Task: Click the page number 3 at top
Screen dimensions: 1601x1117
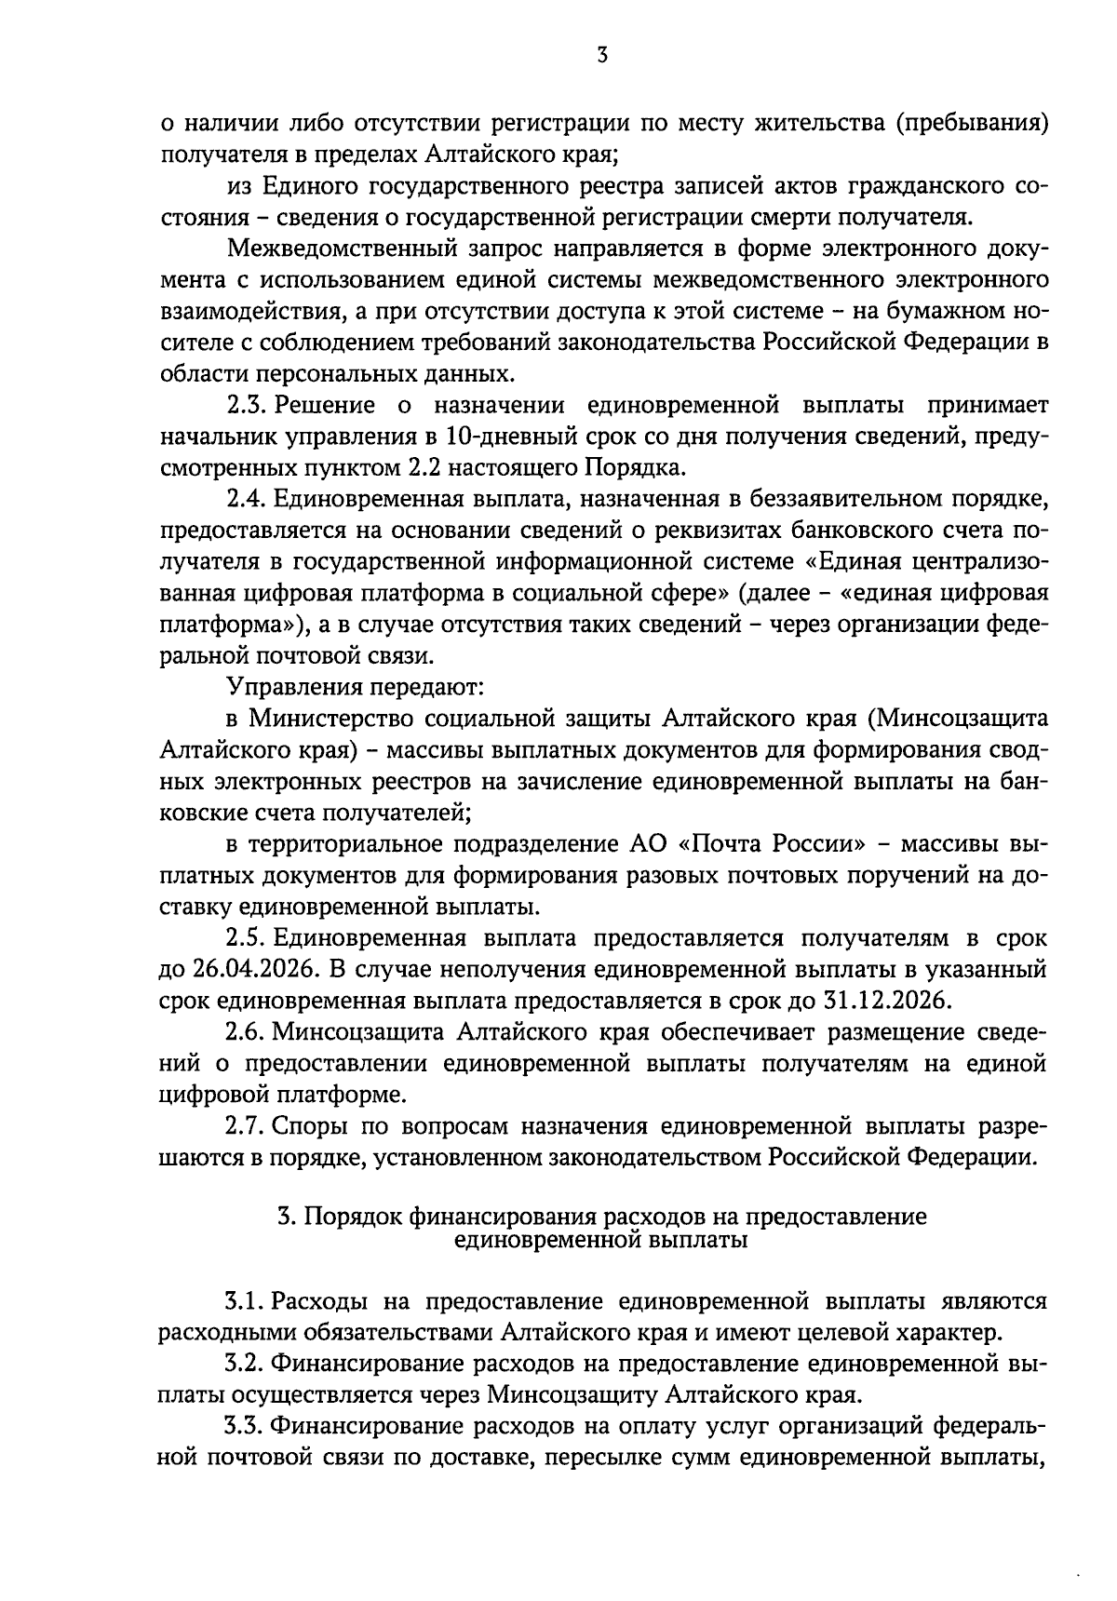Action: (x=602, y=56)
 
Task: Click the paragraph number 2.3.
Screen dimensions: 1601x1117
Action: (x=246, y=407)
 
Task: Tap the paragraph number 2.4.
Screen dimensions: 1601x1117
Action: (x=246, y=500)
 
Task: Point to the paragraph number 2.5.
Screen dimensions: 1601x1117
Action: (x=246, y=938)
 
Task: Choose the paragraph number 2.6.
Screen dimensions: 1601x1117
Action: (x=246, y=1032)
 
